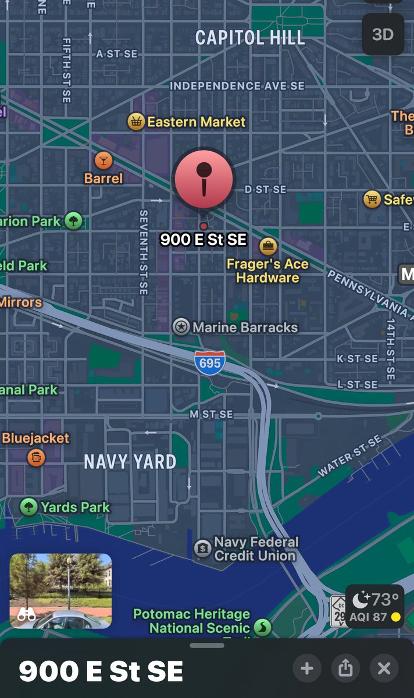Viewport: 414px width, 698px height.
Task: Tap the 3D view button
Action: click(383, 34)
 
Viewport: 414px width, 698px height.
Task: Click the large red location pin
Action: click(204, 178)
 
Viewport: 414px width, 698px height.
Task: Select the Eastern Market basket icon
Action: click(136, 122)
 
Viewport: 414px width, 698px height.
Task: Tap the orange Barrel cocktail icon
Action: click(103, 160)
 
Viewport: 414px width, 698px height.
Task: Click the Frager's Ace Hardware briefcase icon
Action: click(268, 246)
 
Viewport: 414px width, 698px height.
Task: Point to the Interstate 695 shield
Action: click(210, 362)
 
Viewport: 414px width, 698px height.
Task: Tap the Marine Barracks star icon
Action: click(181, 327)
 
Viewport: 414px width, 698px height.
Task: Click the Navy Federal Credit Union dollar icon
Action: click(202, 547)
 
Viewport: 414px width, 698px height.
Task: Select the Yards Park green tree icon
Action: click(28, 507)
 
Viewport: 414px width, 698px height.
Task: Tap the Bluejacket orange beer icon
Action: click(36, 457)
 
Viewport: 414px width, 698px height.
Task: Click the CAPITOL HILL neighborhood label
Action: click(250, 38)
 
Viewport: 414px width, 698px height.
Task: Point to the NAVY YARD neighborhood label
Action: click(130, 462)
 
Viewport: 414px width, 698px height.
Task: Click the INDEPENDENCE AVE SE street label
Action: click(237, 86)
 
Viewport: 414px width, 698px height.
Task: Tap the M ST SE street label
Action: click(211, 414)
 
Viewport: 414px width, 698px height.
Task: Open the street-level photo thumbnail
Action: click(60, 590)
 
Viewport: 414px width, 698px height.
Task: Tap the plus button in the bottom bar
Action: click(307, 668)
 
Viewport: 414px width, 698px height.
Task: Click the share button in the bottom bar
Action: click(345, 668)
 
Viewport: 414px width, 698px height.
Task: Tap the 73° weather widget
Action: click(375, 606)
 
